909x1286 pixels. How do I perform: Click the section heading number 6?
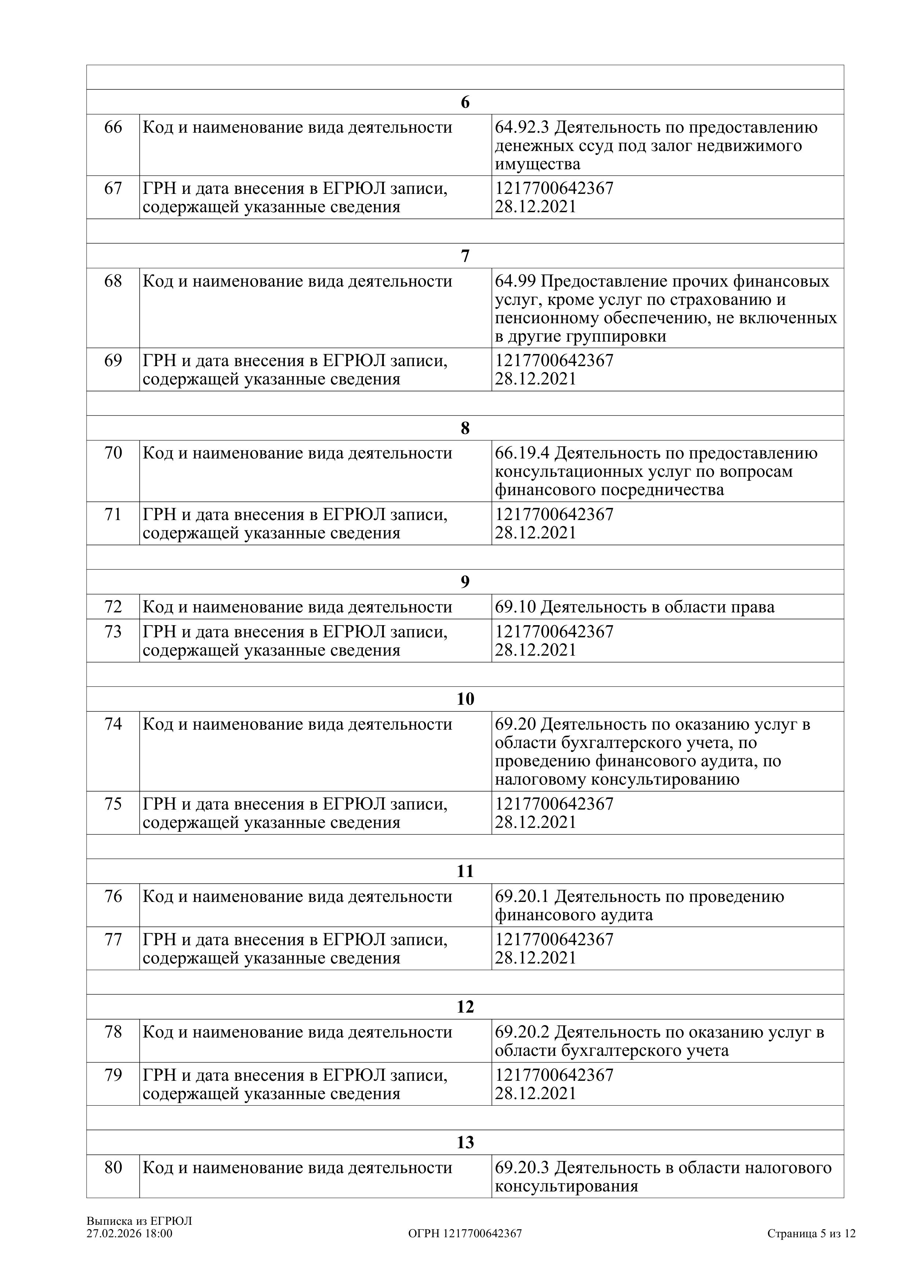tap(465, 103)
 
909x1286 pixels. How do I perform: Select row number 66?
tap(113, 128)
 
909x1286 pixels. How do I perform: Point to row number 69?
tap(113, 361)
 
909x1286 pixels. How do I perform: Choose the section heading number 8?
tap(465, 428)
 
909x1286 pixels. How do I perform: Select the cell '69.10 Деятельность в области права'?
tap(634, 607)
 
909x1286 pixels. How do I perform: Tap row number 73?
tap(113, 632)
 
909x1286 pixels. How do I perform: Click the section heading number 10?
tap(465, 699)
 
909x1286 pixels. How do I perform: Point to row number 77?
tap(113, 939)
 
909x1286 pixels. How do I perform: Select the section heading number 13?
tap(465, 1142)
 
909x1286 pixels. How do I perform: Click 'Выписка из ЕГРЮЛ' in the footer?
tap(139, 1221)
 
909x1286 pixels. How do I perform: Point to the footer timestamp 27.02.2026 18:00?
tap(129, 1233)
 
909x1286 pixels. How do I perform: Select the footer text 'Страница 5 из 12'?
tap(812, 1233)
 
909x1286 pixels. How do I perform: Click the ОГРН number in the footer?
tap(465, 1233)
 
